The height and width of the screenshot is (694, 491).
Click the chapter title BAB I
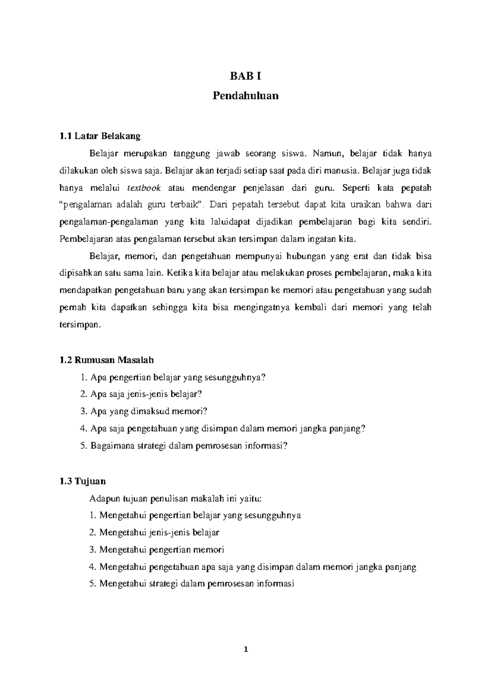(x=245, y=76)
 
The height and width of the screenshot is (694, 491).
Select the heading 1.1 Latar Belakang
(x=99, y=136)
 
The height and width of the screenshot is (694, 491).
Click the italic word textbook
(x=144, y=188)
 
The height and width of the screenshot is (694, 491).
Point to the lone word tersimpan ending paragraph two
(x=79, y=325)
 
